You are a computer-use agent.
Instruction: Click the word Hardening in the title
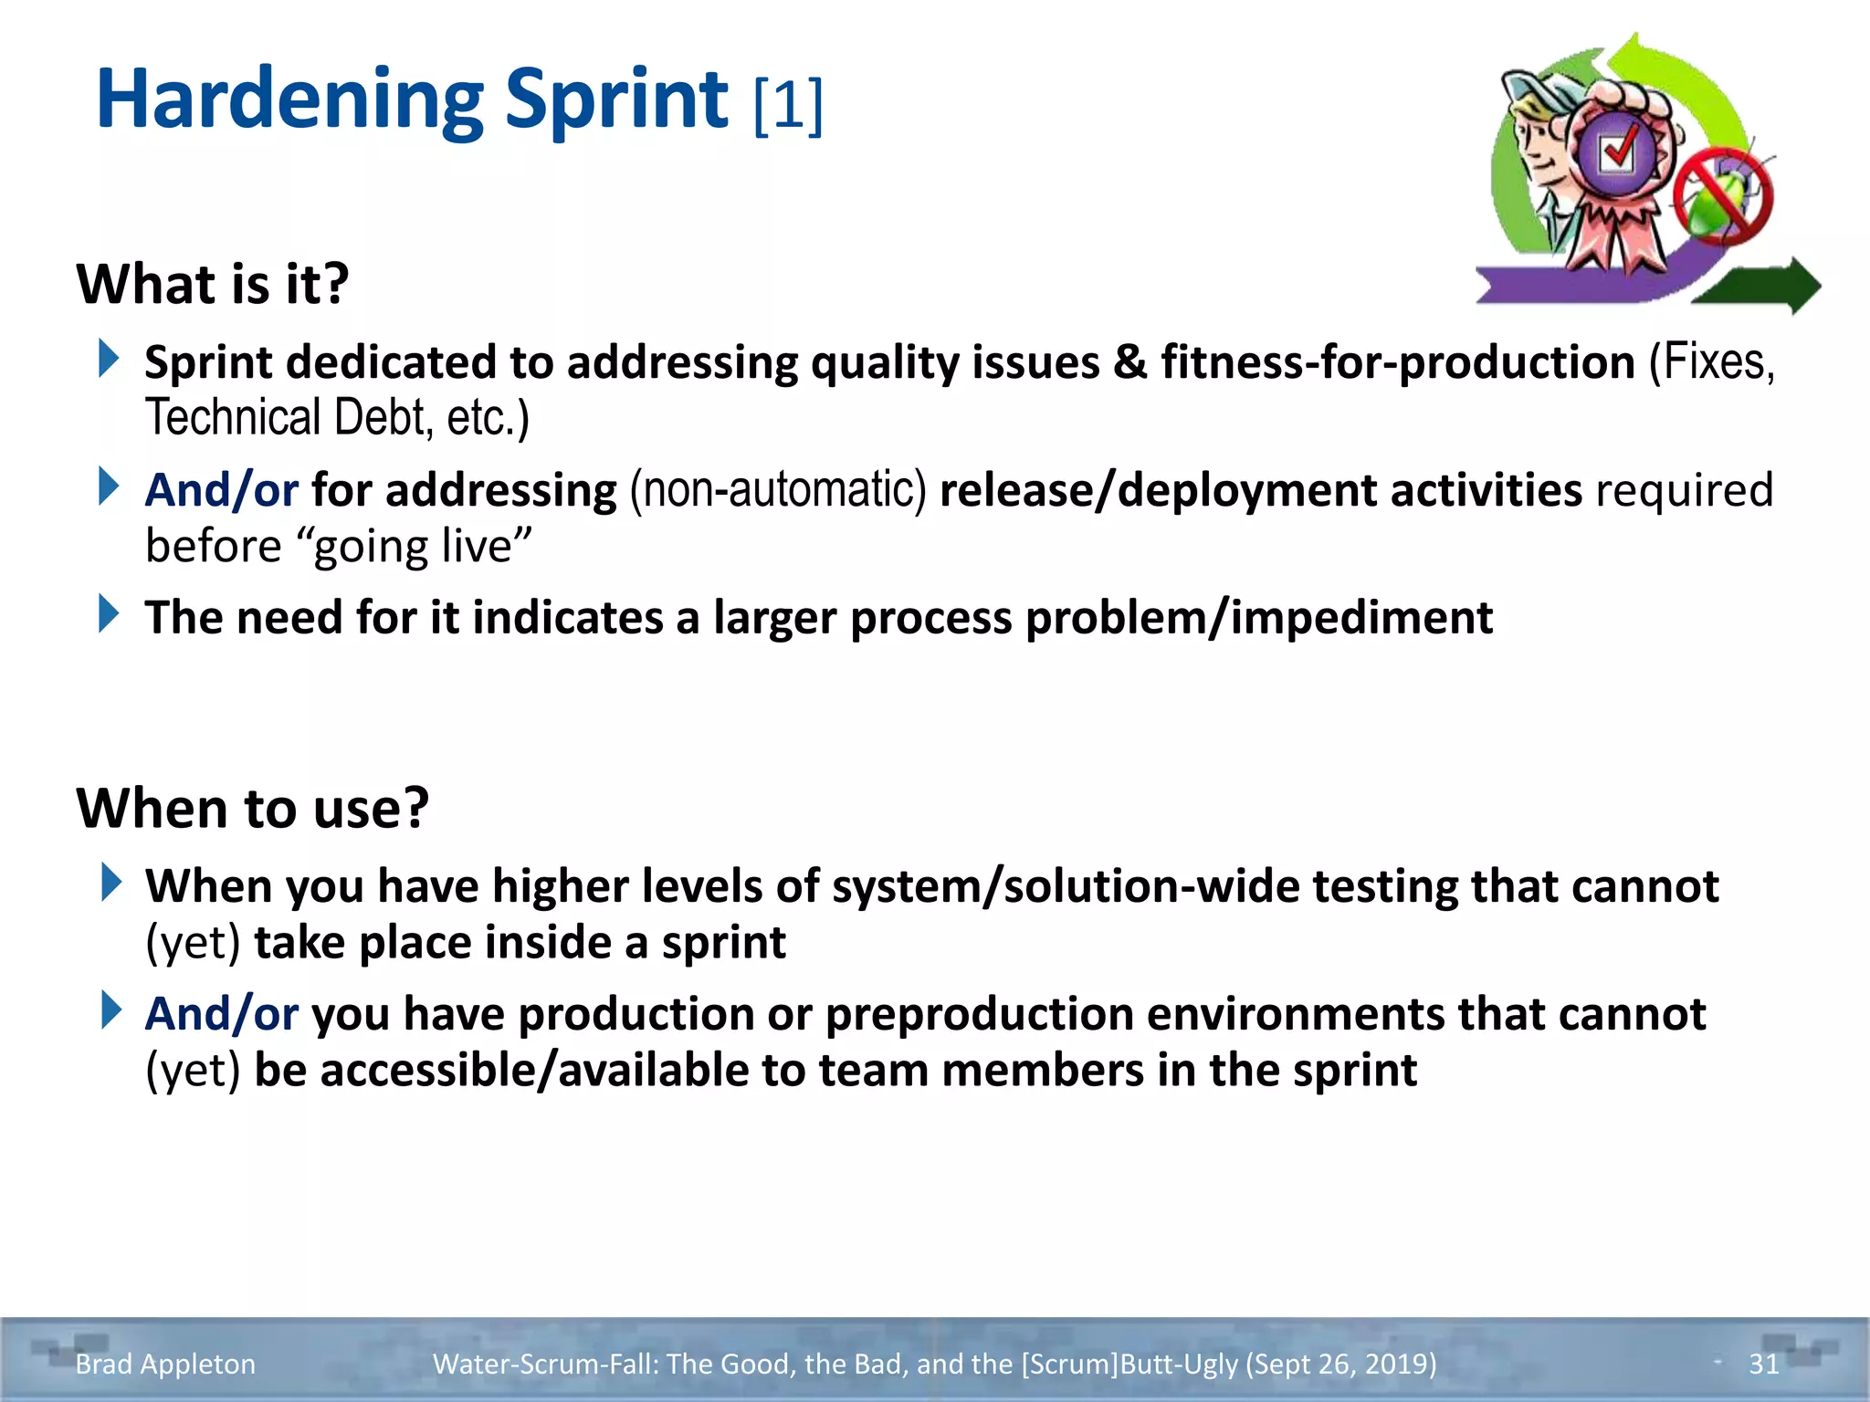click(x=289, y=100)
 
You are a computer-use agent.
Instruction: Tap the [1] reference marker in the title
click(x=789, y=106)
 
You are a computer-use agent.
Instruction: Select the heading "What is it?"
click(x=213, y=284)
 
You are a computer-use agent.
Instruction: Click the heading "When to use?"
click(x=253, y=809)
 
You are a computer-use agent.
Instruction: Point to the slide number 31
click(x=1763, y=1364)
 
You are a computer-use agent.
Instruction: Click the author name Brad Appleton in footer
click(x=165, y=1364)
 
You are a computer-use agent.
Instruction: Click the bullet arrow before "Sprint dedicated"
click(x=110, y=359)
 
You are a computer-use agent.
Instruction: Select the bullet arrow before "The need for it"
click(x=110, y=613)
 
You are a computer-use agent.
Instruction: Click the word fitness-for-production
click(x=1397, y=362)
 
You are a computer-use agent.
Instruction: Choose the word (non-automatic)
click(x=778, y=490)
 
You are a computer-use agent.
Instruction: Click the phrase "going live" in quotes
click(x=421, y=547)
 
